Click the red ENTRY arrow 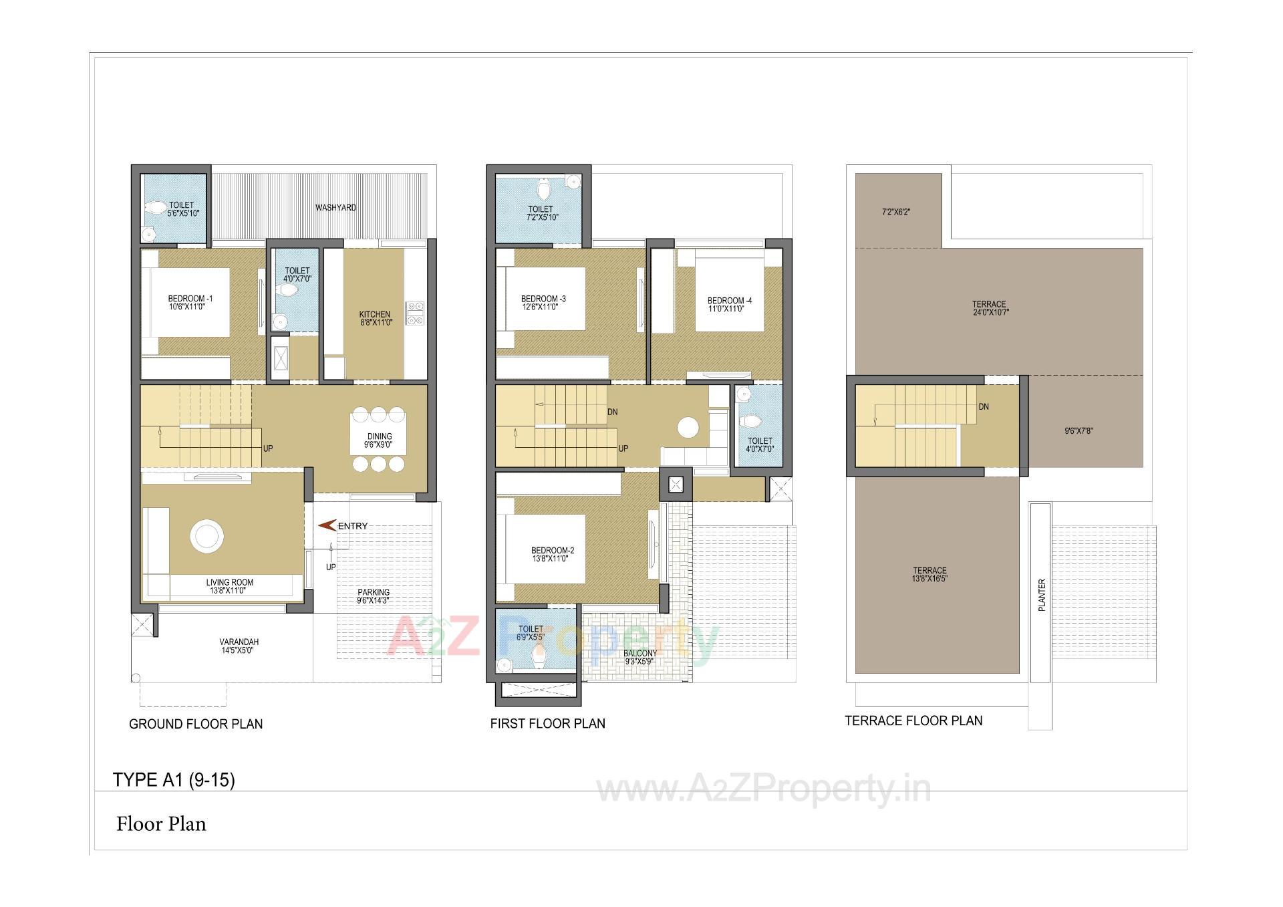click(x=327, y=526)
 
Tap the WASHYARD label click(x=335, y=208)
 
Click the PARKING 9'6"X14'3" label click(x=373, y=596)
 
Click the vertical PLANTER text click(x=1041, y=595)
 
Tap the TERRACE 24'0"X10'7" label click(x=989, y=308)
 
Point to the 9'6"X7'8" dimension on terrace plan click(x=1079, y=431)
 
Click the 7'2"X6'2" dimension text click(x=896, y=212)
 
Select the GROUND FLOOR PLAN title click(x=196, y=724)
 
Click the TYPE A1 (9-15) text click(x=174, y=780)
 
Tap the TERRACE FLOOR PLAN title click(x=913, y=721)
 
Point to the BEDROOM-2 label click(x=552, y=554)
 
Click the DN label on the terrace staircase click(x=984, y=406)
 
